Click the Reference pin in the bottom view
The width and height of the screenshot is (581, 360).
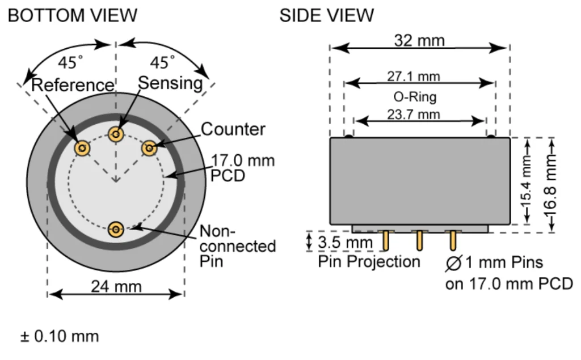83,148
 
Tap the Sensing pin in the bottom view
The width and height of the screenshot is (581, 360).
116,134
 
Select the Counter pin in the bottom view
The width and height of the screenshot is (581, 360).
149,148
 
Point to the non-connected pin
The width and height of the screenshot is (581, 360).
116,229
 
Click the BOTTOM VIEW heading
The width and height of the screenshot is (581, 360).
73,15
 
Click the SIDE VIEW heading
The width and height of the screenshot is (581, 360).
326,15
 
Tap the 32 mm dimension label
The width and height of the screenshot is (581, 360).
419,40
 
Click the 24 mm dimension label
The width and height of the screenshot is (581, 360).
116,286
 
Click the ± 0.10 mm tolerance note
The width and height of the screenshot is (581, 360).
60,336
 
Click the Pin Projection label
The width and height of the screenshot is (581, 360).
369,261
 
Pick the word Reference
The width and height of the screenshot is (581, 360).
73,85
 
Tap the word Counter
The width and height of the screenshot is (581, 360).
233,129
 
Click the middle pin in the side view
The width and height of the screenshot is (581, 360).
419,240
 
